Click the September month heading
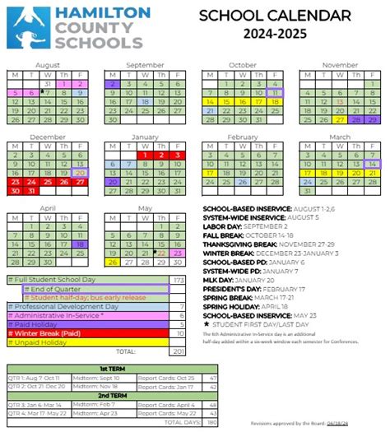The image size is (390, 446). coord(145,64)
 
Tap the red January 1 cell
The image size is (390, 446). coord(145,154)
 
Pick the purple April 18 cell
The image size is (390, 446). coord(80,244)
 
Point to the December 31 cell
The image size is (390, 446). coord(31,190)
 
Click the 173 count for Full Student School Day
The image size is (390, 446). coord(179,280)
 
